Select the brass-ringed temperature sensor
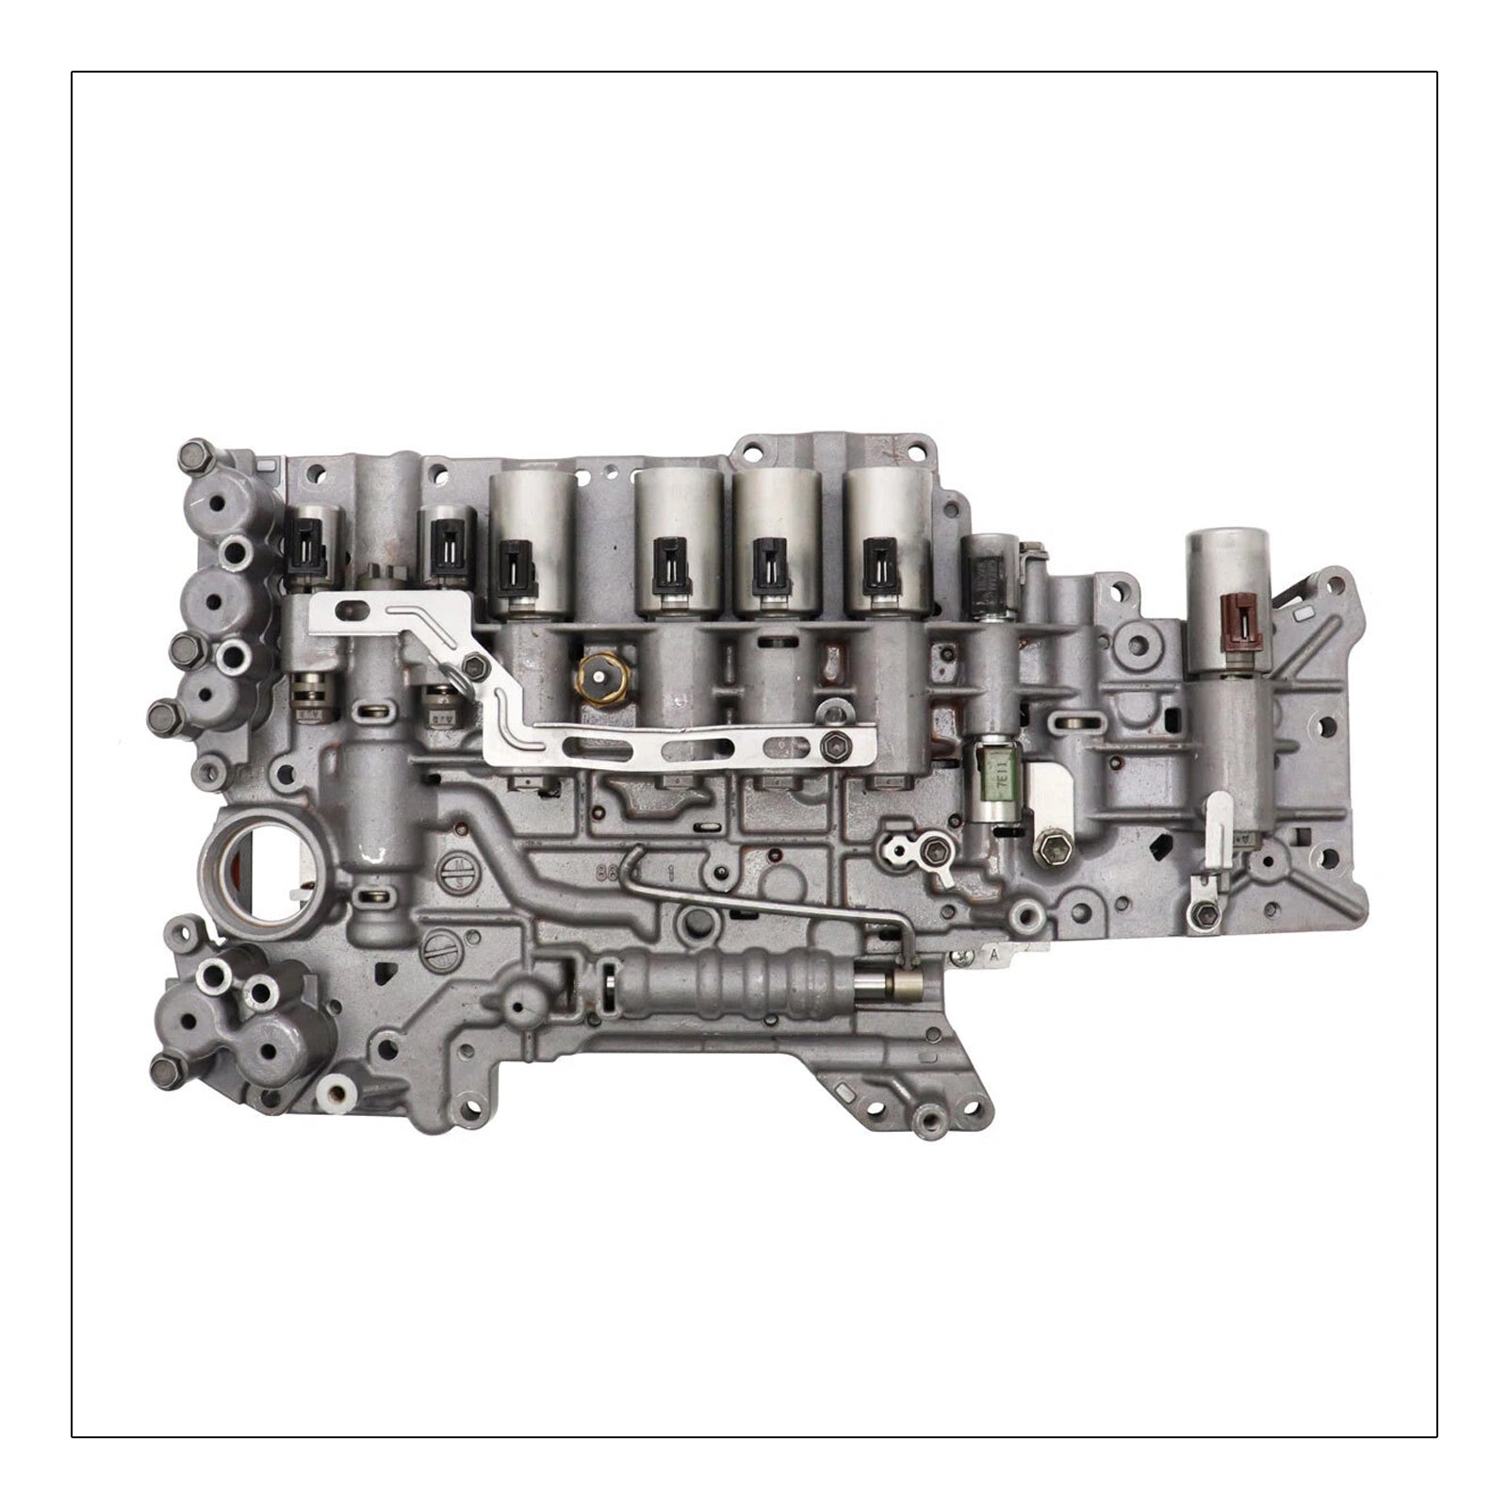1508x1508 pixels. point(596,672)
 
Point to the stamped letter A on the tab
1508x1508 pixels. point(992,954)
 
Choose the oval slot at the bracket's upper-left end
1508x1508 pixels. point(351,608)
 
